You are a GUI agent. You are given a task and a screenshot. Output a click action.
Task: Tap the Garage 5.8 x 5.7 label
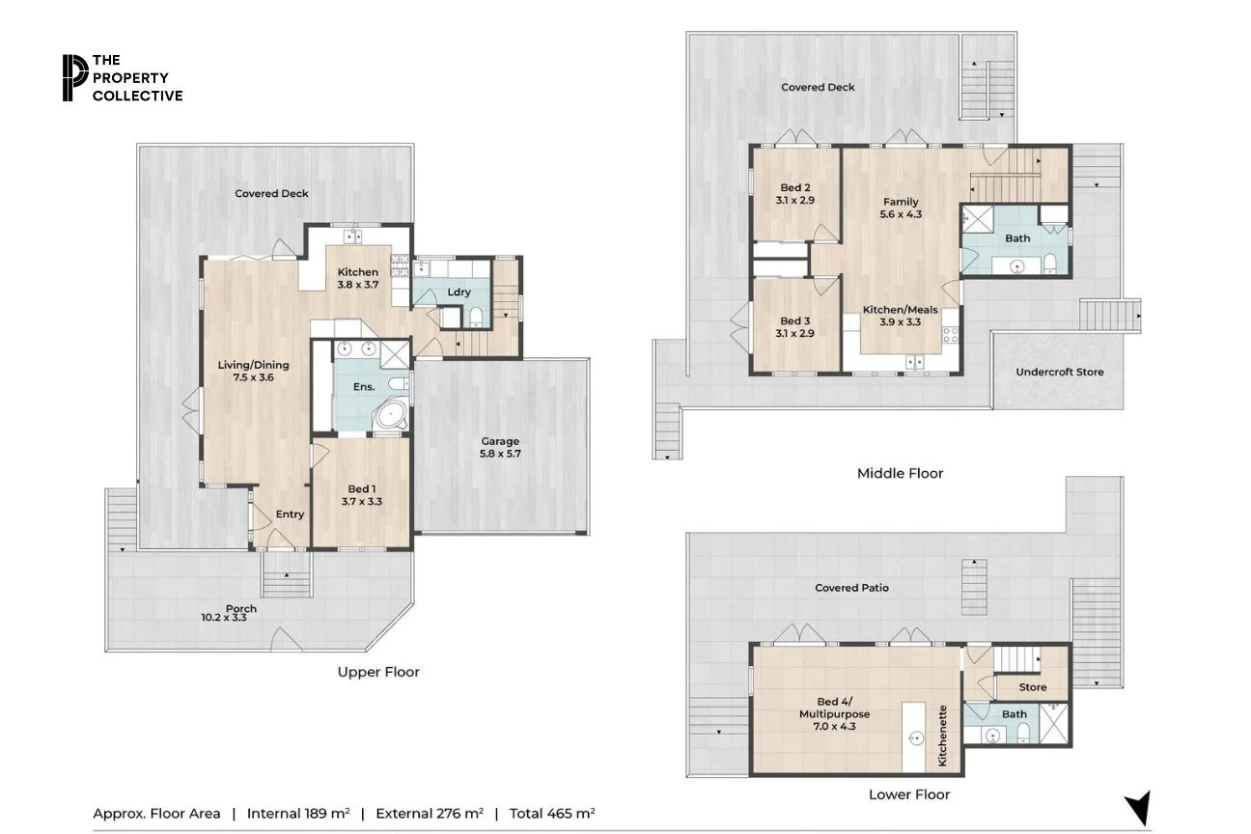500,447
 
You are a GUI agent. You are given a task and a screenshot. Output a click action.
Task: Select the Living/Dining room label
254,372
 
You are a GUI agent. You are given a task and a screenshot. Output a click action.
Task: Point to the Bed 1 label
362,495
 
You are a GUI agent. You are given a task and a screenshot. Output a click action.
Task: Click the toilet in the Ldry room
474,316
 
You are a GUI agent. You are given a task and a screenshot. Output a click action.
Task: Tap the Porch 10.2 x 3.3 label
241,613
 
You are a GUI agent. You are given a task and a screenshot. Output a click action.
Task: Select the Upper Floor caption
378,672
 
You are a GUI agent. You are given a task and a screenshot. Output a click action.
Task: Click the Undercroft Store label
1059,372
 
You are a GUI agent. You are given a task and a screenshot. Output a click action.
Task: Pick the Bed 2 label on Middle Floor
794,194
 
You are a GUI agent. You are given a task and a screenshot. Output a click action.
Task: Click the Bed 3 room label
794,327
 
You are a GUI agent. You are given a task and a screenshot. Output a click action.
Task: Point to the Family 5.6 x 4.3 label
901,208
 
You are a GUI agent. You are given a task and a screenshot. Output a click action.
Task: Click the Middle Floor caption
900,473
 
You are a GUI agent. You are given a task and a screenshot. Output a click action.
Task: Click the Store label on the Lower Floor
1033,687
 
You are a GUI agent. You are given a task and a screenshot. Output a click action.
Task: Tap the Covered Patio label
851,587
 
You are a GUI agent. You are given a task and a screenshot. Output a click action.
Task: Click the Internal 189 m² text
298,813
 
